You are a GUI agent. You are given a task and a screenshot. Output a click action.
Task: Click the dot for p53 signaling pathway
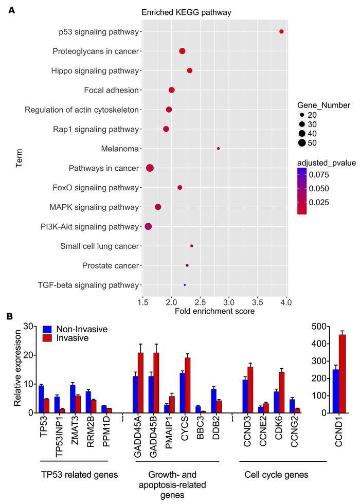(x=281, y=32)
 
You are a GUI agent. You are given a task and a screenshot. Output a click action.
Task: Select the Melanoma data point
(x=219, y=149)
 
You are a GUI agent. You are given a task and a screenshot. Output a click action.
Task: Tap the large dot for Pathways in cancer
(x=150, y=168)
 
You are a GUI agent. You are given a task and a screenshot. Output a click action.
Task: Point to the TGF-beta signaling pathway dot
(x=185, y=285)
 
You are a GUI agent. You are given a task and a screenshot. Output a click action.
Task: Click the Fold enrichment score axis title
(x=214, y=311)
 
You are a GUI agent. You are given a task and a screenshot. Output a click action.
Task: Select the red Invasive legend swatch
(x=47, y=337)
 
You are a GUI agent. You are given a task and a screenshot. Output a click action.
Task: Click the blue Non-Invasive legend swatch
(x=47, y=329)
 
